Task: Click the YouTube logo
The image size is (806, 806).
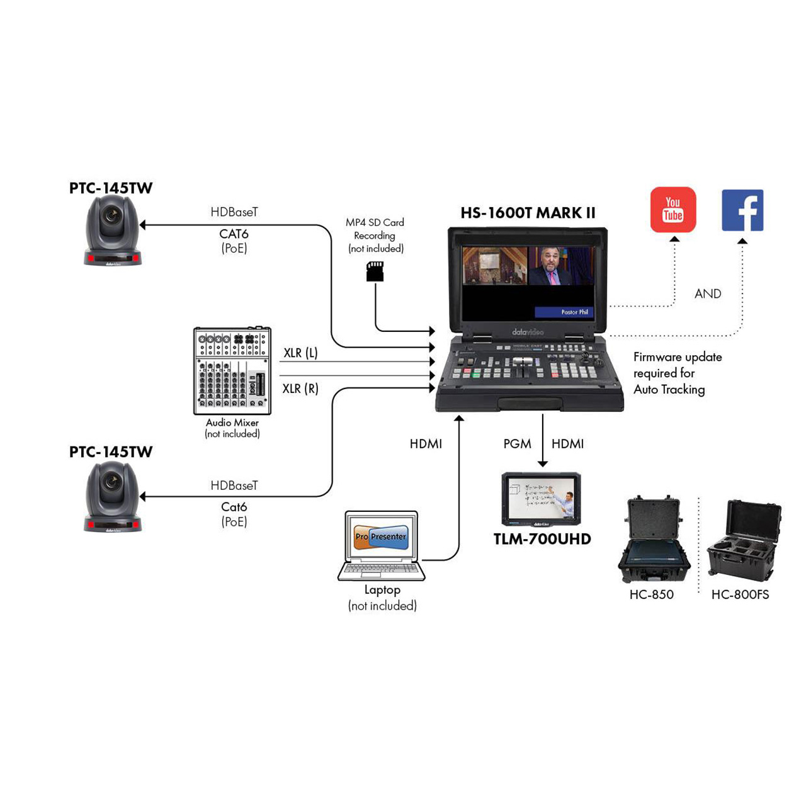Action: [x=673, y=210]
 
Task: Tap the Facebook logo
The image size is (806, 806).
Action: [x=742, y=210]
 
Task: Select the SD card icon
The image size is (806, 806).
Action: [x=375, y=271]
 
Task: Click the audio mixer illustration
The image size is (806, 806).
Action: [x=232, y=371]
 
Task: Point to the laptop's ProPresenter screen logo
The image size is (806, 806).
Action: [x=381, y=537]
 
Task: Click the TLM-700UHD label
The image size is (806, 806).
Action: [x=542, y=539]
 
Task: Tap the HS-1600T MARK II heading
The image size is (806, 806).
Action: [x=528, y=213]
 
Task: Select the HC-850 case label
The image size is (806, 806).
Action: [x=651, y=594]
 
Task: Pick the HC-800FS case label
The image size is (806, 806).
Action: [x=740, y=594]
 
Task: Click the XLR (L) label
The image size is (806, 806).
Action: [x=300, y=353]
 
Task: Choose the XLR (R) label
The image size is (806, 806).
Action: [x=300, y=389]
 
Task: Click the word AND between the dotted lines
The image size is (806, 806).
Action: [x=708, y=294]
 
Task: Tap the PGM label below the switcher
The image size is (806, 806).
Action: [x=517, y=444]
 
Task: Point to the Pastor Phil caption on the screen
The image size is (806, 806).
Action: [x=574, y=312]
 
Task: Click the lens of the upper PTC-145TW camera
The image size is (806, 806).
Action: [x=113, y=215]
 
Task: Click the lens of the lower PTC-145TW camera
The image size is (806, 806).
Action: [x=113, y=482]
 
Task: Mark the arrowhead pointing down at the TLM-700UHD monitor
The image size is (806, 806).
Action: [x=543, y=464]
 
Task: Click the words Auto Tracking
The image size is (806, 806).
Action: [x=669, y=390]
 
